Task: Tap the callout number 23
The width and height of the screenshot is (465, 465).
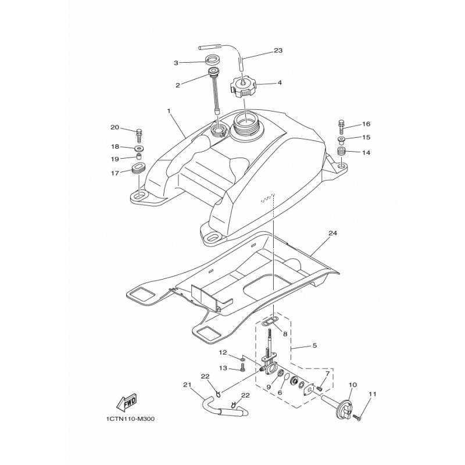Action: point(278,51)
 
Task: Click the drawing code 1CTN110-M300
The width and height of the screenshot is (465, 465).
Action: point(130,419)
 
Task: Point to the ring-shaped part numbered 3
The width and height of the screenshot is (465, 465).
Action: point(212,60)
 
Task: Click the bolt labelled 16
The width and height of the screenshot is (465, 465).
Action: point(341,127)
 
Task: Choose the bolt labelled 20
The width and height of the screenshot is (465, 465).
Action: point(139,136)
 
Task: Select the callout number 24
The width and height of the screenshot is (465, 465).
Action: point(332,233)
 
